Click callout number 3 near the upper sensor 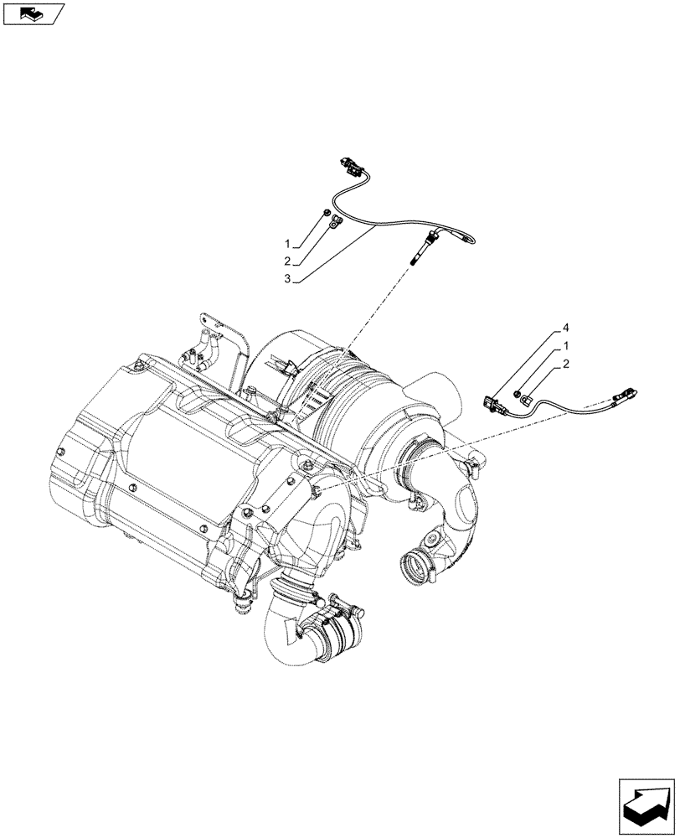pos(286,279)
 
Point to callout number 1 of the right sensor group pos(566,347)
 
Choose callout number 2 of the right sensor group pos(566,364)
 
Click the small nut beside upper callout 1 pos(327,216)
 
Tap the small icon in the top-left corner pos(33,13)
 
